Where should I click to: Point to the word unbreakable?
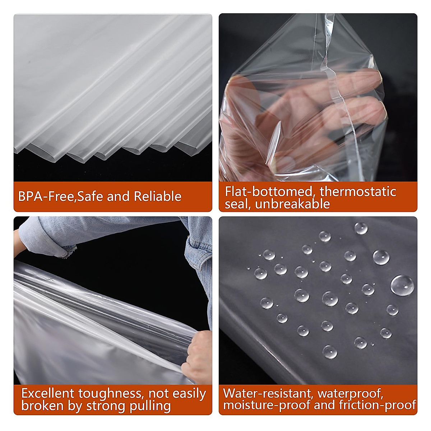292,204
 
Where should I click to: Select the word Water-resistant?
268,393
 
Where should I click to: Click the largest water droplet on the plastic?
402,285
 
